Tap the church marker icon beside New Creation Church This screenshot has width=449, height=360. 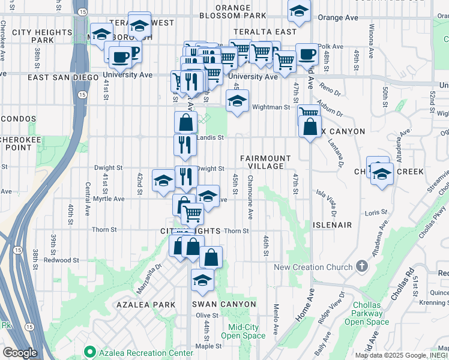tap(361, 265)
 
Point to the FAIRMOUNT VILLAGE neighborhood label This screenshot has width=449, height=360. tap(265, 163)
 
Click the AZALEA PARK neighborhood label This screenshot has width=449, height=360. tap(151, 305)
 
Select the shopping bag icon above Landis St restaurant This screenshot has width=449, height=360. tap(186, 122)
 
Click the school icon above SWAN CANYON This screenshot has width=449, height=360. tap(202, 279)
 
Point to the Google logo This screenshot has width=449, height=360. tap(20, 353)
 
